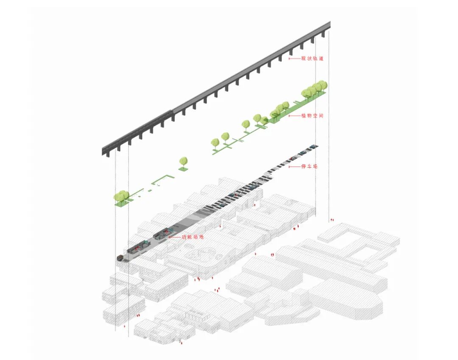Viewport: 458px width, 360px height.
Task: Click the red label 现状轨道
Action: click(312, 59)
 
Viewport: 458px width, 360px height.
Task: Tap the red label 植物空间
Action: click(312, 115)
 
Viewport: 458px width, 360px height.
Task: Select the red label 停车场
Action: click(309, 166)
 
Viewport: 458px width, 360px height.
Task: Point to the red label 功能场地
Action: click(193, 236)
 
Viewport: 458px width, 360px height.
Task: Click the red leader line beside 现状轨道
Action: click(294, 59)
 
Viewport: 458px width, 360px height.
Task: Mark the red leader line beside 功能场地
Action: click(174, 237)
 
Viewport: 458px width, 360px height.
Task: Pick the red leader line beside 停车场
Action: click(294, 166)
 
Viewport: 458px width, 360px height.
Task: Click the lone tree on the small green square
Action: click(183, 162)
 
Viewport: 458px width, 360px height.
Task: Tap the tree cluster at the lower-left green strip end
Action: click(121, 197)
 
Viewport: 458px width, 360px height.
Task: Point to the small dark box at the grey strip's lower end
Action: click(120, 258)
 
